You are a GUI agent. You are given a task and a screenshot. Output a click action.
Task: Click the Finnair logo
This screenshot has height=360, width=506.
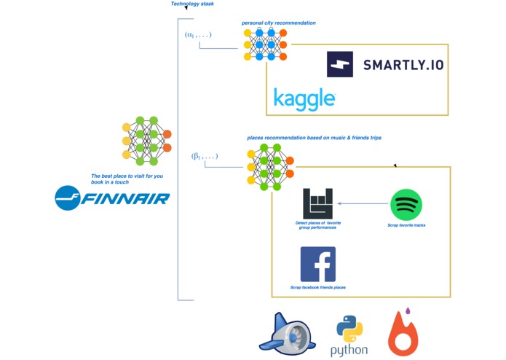click(113, 198)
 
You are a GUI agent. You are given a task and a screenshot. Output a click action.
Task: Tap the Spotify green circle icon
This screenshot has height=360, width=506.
click(406, 205)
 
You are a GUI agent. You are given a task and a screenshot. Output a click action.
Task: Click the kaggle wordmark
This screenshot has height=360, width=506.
click(304, 98)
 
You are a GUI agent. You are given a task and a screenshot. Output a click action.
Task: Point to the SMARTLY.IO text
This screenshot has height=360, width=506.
click(403, 65)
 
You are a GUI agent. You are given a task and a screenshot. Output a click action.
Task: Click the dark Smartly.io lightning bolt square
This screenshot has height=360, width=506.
click(340, 64)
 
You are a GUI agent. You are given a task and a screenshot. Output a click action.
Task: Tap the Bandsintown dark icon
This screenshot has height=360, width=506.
click(317, 203)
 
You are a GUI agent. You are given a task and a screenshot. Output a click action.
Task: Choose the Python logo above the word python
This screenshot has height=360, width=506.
click(349, 329)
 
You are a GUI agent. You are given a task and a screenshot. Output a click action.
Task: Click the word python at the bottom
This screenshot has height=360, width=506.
click(349, 351)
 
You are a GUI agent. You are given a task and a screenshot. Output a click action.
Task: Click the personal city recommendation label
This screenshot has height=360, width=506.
click(279, 23)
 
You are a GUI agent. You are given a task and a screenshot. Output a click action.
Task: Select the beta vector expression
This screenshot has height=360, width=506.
click(205, 156)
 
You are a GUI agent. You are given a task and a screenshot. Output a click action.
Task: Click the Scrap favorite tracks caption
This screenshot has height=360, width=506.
click(406, 225)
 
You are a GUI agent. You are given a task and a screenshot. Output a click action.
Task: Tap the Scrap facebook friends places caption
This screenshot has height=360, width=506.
click(318, 287)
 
